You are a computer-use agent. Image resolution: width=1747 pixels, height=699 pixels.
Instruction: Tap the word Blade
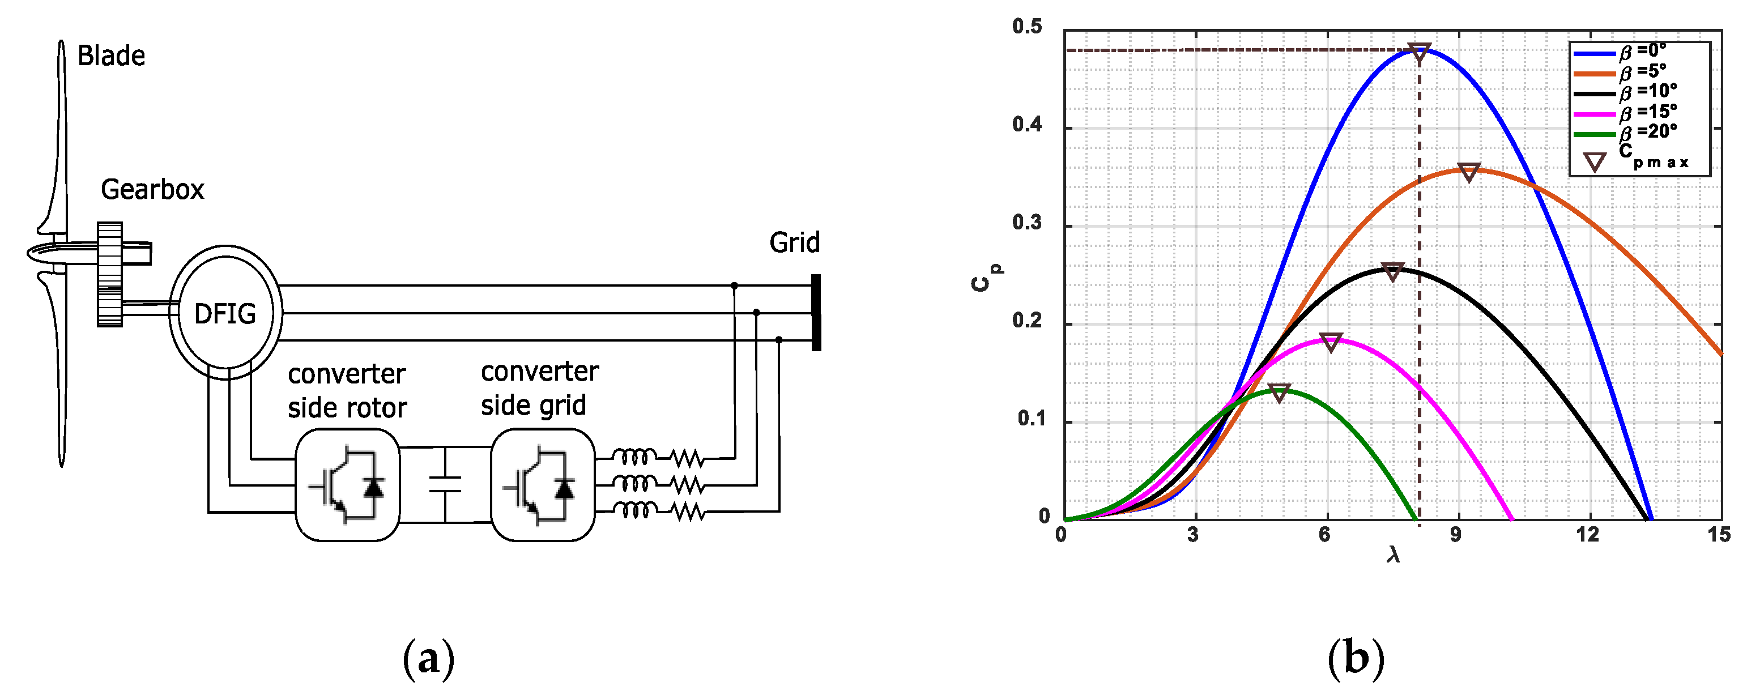coord(111,56)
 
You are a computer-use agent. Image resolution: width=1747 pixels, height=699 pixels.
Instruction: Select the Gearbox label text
coord(152,189)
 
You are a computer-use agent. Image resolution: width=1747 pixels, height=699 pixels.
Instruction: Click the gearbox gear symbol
coord(110,274)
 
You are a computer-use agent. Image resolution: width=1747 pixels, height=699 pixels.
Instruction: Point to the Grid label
coord(794,242)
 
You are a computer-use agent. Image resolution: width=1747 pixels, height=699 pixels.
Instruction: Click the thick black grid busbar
coord(816,313)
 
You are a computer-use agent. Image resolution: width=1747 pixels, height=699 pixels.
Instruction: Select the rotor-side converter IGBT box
coord(347,485)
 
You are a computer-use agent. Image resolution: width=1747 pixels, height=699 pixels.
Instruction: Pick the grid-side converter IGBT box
coord(543,485)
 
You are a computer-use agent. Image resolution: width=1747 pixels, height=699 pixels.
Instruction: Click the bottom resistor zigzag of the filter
coord(688,513)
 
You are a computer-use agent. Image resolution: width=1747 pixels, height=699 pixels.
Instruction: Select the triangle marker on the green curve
coord(1279,393)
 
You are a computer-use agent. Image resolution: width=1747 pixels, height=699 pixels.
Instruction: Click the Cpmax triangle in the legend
coord(1595,162)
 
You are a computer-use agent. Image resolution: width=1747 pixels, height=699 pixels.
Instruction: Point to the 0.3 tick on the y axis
coord(1027,223)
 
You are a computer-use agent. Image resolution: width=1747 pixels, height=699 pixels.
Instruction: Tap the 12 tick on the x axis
coord(1587,535)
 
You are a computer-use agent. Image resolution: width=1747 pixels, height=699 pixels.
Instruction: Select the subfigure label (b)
coord(1356,658)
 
